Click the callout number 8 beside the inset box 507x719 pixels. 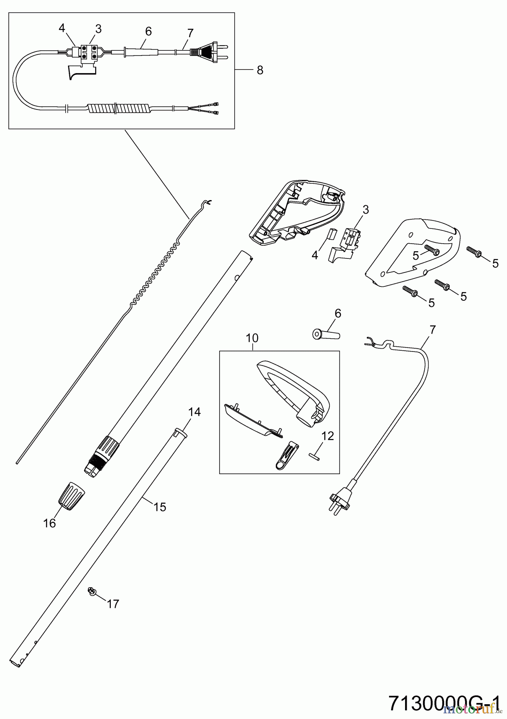(260, 70)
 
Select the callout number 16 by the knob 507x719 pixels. (50, 523)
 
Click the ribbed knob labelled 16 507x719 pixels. (72, 495)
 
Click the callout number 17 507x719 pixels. (113, 604)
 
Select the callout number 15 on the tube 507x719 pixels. (160, 507)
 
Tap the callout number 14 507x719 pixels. (195, 412)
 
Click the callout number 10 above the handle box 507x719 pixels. (252, 338)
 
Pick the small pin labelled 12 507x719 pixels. (314, 456)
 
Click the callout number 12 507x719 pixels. (327, 436)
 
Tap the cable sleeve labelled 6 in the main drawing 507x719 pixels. (325, 334)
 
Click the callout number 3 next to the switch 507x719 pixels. (365, 210)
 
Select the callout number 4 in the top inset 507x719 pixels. (62, 28)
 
